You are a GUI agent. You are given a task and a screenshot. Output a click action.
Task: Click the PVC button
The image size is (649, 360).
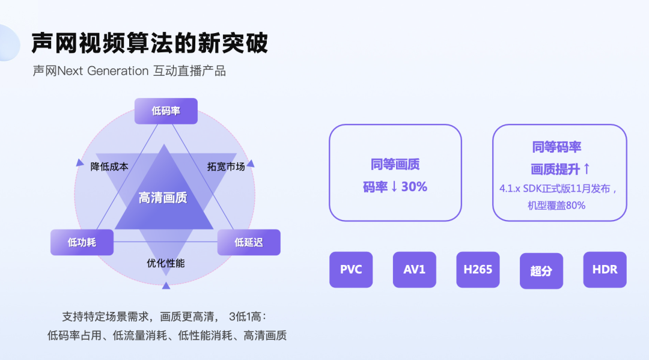[351, 269]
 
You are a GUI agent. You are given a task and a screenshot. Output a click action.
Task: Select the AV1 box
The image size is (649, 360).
[414, 269]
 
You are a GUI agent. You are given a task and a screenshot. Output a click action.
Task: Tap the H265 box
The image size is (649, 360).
[478, 269]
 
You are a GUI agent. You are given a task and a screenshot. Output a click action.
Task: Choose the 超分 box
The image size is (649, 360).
[541, 270]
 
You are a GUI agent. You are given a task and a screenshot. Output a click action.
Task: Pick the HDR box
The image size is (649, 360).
[605, 269]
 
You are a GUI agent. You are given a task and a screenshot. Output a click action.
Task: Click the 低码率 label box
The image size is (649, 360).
[166, 111]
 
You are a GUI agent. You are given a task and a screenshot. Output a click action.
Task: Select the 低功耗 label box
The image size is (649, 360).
[82, 242]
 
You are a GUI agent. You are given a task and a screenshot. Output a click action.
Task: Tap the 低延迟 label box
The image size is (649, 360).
[249, 242]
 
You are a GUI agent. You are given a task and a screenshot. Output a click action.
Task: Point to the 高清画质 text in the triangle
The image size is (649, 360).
[163, 198]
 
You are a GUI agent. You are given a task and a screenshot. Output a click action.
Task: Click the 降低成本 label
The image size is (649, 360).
[109, 166]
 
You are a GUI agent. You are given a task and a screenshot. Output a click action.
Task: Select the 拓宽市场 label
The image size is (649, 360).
[226, 166]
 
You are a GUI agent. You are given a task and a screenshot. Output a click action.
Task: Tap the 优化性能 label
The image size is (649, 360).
[166, 263]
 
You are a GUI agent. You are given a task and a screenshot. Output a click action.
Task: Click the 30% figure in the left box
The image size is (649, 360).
[414, 187]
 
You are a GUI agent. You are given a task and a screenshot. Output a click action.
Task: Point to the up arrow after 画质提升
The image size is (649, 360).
[587, 168]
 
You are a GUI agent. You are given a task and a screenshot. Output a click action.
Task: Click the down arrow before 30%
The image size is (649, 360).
[394, 187]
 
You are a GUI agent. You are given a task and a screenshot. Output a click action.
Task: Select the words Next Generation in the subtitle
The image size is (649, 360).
[103, 71]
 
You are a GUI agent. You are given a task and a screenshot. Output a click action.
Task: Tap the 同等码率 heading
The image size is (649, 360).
[556, 147]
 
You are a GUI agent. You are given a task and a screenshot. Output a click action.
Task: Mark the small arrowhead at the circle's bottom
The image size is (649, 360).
[166, 285]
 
